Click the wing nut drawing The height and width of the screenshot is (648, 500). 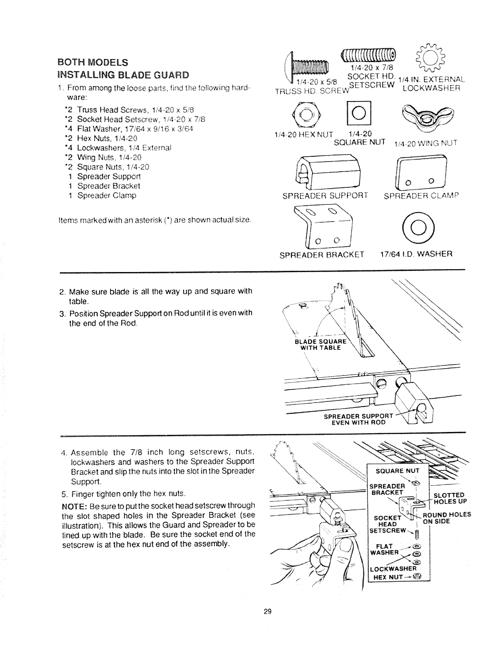[x=424, y=116]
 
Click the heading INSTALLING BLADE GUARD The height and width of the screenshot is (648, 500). [x=123, y=75]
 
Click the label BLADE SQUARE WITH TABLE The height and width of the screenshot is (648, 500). [x=321, y=344]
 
